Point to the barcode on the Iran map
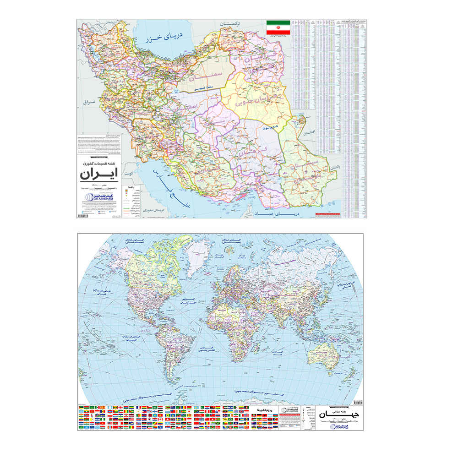[84, 215]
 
